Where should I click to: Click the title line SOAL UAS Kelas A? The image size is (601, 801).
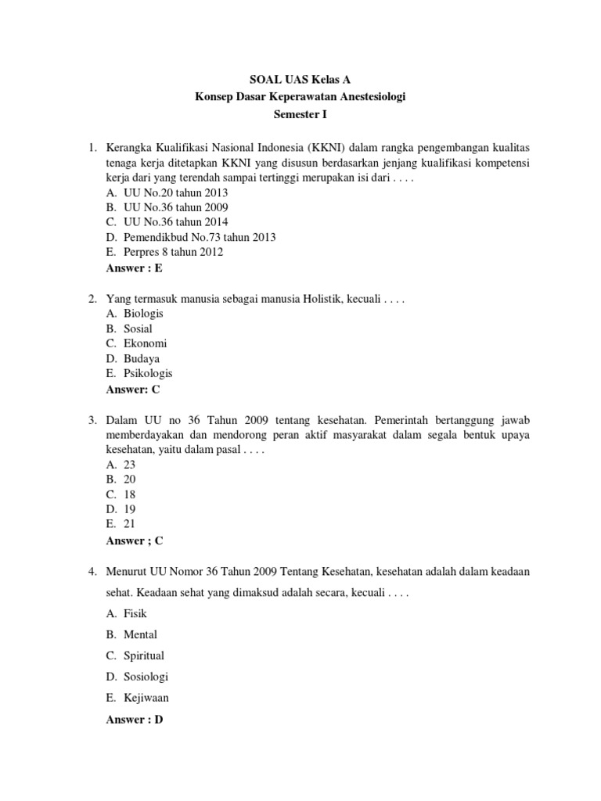300,79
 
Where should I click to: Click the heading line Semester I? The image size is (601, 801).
300,113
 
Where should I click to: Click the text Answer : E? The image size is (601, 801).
134,268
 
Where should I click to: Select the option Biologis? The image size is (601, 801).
143,314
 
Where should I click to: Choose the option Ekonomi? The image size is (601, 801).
145,343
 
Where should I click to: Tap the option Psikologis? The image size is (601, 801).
148,373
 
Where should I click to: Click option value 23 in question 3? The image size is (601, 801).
130,464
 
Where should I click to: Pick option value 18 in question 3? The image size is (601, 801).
130,494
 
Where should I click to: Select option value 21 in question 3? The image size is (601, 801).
130,524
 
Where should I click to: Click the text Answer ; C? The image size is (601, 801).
134,540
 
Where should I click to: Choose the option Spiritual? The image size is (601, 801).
144,656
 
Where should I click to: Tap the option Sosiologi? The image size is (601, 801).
146,677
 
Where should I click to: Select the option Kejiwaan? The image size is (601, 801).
146,698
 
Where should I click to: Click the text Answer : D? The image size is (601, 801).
135,719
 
